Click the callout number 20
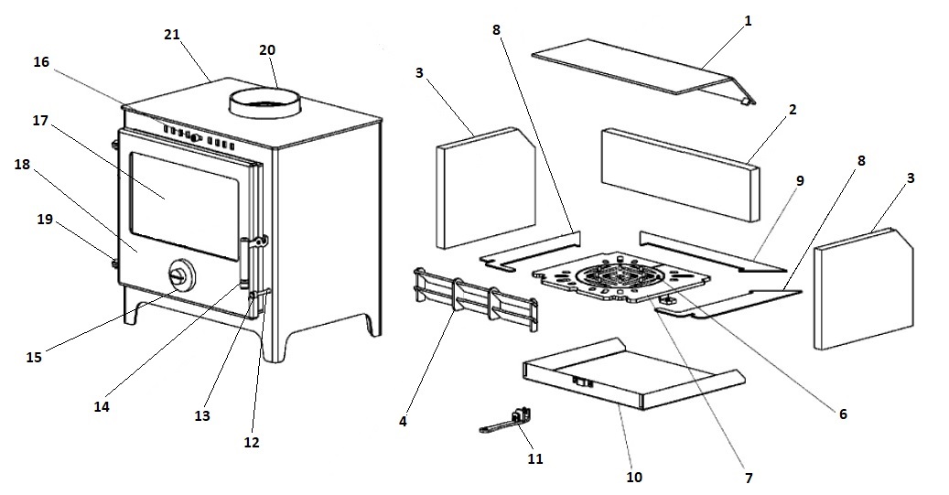(267, 51)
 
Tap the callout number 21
(172, 35)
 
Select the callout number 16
(41, 62)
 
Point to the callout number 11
(535, 458)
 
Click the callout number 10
(634, 477)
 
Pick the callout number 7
(749, 478)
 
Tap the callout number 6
(843, 414)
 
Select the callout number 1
(748, 19)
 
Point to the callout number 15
(35, 357)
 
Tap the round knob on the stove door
(181, 275)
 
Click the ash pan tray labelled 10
(631, 375)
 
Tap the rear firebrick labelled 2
(677, 174)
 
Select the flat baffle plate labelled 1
(641, 71)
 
